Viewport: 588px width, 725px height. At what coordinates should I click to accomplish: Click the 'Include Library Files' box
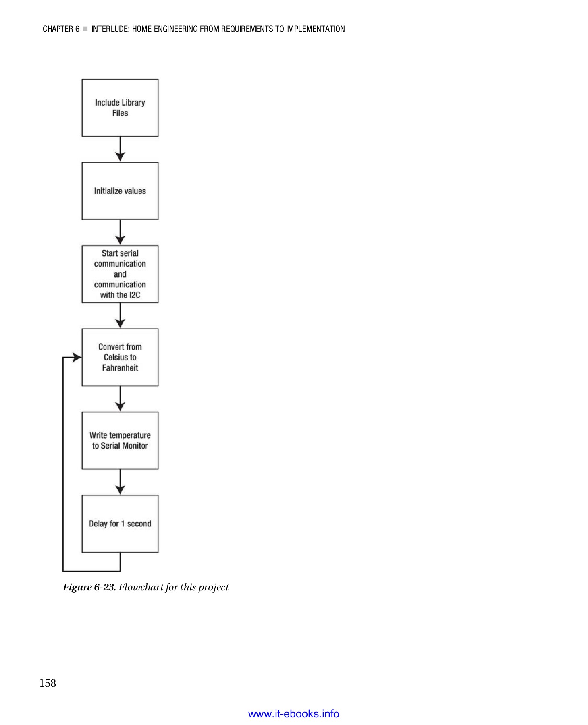[120, 108]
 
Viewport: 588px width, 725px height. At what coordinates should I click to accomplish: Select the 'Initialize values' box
[120, 191]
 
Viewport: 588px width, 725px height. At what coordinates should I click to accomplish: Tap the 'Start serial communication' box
[120, 274]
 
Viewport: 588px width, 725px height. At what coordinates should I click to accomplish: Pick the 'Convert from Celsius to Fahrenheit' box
[120, 357]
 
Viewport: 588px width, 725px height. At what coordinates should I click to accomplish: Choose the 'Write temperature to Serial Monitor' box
[120, 440]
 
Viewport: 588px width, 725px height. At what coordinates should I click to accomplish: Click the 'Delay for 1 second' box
[120, 524]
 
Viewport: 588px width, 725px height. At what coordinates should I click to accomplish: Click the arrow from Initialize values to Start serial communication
[120, 232]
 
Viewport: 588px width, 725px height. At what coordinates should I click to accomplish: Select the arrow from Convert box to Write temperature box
[120, 399]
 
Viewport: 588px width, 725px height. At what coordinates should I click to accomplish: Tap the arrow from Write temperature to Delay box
[120, 482]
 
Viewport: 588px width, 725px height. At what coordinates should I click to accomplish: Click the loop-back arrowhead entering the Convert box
[77, 357]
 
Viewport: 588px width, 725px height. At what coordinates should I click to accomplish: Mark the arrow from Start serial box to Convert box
[120, 316]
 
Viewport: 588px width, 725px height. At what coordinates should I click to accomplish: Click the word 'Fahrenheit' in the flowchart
[120, 368]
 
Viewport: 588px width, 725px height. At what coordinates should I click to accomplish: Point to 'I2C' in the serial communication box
[135, 295]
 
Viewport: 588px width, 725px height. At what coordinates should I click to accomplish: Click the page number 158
[48, 683]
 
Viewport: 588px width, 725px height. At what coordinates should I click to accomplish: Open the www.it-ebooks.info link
[293, 714]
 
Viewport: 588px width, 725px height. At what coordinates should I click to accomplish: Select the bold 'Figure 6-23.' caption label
[89, 587]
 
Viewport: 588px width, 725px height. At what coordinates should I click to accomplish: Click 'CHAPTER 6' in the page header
[61, 29]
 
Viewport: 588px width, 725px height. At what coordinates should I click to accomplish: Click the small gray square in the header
[85, 29]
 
